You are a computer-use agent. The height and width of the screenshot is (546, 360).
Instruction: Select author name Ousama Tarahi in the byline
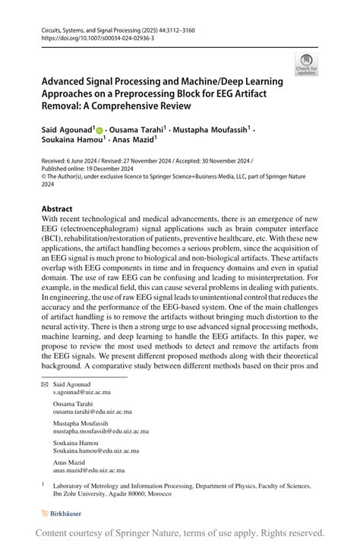pos(136,131)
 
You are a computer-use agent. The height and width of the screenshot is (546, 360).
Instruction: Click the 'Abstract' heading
pos(57,188)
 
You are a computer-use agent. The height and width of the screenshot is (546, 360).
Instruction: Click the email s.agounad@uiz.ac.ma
pos(81,393)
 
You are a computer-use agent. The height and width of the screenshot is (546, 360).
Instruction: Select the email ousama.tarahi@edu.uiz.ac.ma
pos(93,412)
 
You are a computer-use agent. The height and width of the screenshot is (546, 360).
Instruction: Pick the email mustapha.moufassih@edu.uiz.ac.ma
pos(100,431)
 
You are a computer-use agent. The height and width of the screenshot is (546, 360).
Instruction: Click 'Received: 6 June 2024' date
pos(74,162)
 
